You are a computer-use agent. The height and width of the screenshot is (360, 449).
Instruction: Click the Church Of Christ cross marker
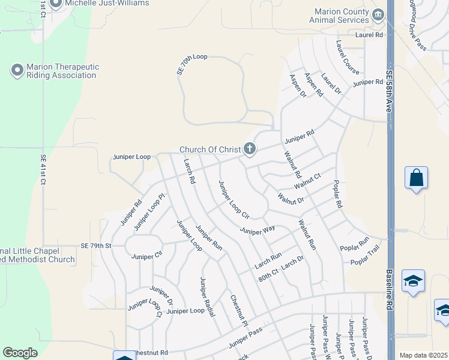click(250, 149)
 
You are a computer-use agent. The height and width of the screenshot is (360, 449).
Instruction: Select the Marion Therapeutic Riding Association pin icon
click(17, 70)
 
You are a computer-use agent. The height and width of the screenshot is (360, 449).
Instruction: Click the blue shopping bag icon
click(416, 178)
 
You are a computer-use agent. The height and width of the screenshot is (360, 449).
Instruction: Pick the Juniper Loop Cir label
click(234, 199)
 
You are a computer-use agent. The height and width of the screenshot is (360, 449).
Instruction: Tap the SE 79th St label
click(97, 246)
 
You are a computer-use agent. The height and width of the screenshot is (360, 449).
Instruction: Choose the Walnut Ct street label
click(307, 181)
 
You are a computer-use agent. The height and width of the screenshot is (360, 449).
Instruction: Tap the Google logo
click(20, 353)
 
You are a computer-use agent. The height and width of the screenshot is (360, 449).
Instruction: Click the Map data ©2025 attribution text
click(423, 355)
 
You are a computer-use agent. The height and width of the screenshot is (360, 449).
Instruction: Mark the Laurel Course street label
click(348, 58)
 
